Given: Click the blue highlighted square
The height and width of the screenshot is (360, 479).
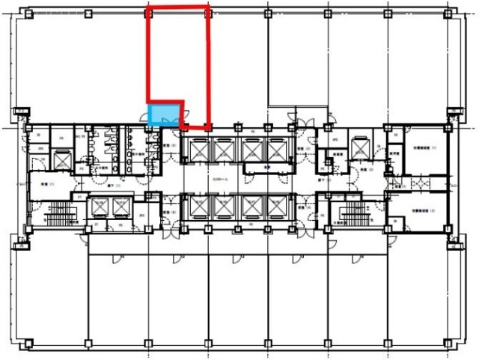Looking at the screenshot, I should coord(165,114).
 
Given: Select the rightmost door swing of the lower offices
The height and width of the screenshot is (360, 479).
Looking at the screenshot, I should coord(360,257).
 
